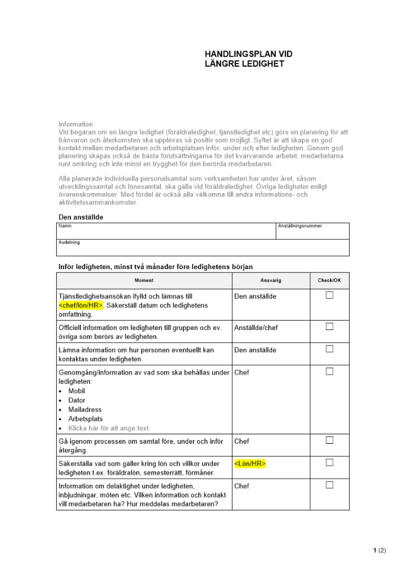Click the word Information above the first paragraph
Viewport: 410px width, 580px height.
click(x=75, y=124)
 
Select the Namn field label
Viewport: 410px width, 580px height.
click(x=64, y=226)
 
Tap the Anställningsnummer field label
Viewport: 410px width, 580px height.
click(x=300, y=226)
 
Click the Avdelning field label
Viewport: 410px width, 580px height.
click(x=69, y=242)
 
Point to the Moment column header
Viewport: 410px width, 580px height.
click(x=144, y=280)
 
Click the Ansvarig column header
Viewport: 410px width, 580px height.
click(x=271, y=280)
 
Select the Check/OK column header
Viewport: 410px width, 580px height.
click(x=329, y=280)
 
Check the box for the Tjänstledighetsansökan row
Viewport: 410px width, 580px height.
click(x=329, y=295)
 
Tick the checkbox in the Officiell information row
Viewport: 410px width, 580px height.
click(x=329, y=327)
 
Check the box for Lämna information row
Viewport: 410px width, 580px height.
click(x=329, y=349)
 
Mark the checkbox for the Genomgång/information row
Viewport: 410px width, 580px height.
click(x=329, y=371)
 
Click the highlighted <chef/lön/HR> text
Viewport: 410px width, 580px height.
click(x=81, y=306)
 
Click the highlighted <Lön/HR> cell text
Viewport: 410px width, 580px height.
click(x=250, y=463)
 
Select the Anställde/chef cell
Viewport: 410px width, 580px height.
click(x=256, y=328)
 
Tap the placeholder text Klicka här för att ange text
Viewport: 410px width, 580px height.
click(x=109, y=429)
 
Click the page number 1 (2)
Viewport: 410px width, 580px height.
click(x=379, y=550)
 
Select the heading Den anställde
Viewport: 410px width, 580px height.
click(x=81, y=217)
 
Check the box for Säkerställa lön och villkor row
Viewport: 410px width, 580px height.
click(x=329, y=462)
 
